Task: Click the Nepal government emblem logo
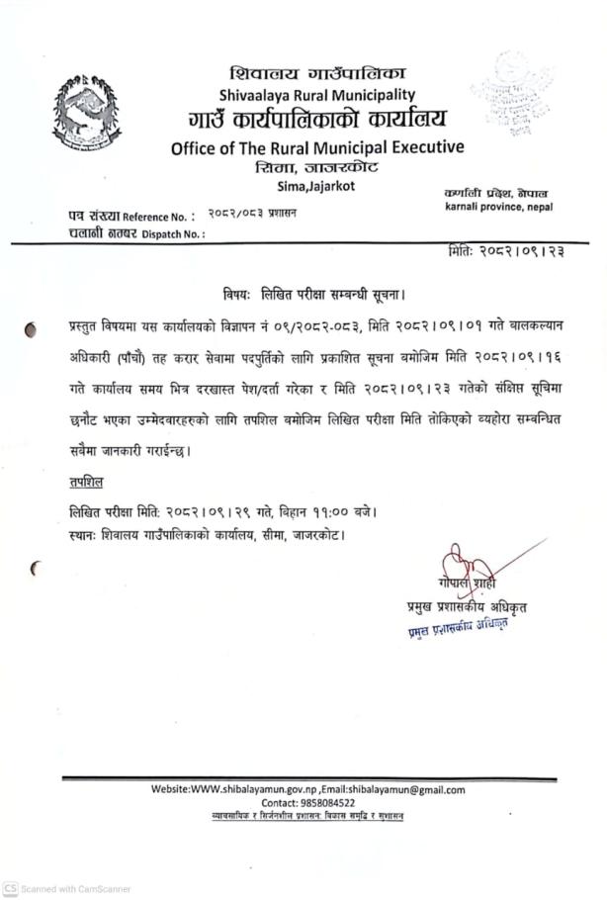[86, 112]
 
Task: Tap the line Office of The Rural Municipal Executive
[317, 147]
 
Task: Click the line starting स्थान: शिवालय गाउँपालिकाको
[207, 535]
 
